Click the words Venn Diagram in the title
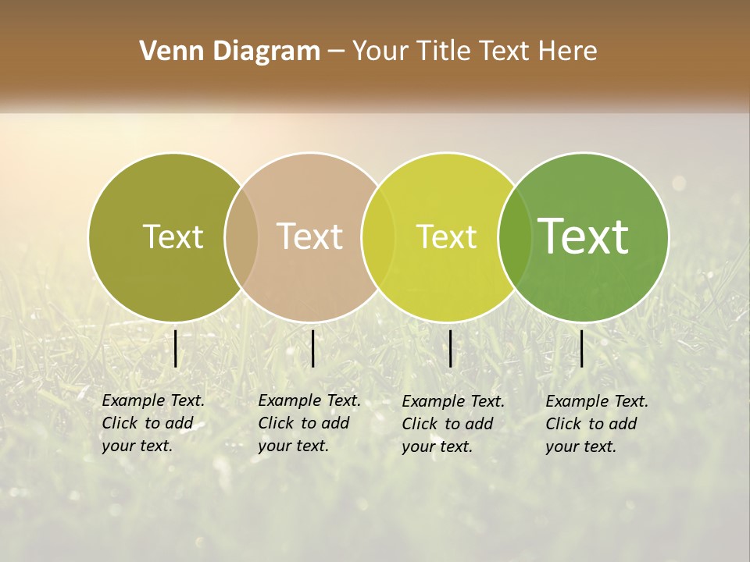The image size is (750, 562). pyautogui.click(x=230, y=52)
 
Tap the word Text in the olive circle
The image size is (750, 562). pyautogui.click(x=173, y=237)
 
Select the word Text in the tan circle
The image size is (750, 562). pyautogui.click(x=310, y=237)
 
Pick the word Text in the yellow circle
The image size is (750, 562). pyautogui.click(x=446, y=237)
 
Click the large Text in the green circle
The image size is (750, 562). pyautogui.click(x=584, y=236)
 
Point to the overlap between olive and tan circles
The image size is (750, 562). pyautogui.click(x=241, y=237)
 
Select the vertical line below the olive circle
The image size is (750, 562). pyautogui.click(x=176, y=348)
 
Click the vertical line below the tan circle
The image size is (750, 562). pyautogui.click(x=312, y=348)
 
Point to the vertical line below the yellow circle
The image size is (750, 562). pyautogui.click(x=451, y=348)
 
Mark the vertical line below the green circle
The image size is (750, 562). pyautogui.click(x=581, y=348)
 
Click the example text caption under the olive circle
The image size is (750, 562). pyautogui.click(x=153, y=423)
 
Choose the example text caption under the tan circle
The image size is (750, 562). pyautogui.click(x=309, y=423)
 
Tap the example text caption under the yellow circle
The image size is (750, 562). pyautogui.click(x=453, y=424)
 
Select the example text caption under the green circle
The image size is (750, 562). pyautogui.click(x=597, y=424)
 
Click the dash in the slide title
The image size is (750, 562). pyautogui.click(x=336, y=52)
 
